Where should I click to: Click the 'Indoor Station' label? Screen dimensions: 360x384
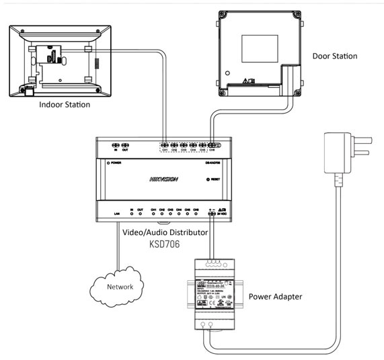[x=65, y=105]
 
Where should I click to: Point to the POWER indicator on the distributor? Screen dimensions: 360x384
[x=108, y=163]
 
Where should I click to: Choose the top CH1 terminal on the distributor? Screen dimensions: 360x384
[x=165, y=146]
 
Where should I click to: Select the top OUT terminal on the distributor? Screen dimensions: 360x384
[x=125, y=146]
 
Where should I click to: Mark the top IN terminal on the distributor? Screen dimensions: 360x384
[x=115, y=146]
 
